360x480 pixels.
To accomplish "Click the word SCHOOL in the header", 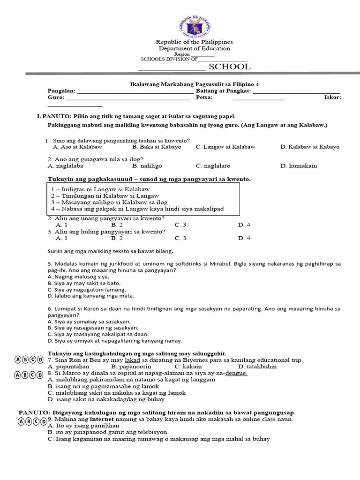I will tap(229, 67).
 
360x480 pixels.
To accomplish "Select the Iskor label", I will tap(332, 97).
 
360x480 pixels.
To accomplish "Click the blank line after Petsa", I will tap(258, 98).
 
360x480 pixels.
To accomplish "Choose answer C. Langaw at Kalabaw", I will tap(225, 147).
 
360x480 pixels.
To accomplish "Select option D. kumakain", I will tap(299, 165).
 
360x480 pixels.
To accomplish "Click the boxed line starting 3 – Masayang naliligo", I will tap(109, 202).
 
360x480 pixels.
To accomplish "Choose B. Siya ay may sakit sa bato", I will tap(84, 283).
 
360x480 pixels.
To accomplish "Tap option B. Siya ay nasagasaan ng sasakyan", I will tap(93, 328).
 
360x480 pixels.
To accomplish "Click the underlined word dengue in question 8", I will tap(236, 373).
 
